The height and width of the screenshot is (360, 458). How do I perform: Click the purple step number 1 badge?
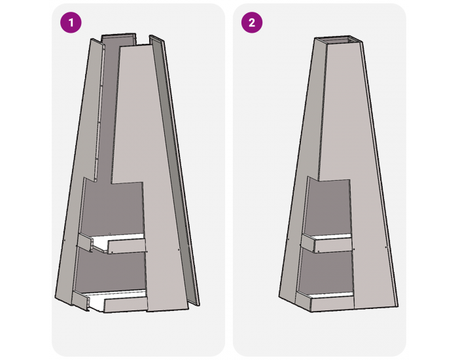tap(71, 22)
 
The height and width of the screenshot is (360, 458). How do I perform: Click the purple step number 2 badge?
tap(252, 22)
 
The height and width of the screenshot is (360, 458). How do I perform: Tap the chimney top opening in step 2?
tap(339, 41)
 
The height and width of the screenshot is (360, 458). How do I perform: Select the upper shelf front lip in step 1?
tap(126, 246)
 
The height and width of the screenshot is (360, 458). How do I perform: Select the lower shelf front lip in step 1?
tap(126, 305)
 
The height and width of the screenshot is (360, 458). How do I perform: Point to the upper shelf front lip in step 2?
tap(333, 245)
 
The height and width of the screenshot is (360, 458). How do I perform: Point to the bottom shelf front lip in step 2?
tap(332, 304)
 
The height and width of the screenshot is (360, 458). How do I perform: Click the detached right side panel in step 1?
tap(175, 170)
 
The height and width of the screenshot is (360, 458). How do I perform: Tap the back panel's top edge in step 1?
tap(118, 35)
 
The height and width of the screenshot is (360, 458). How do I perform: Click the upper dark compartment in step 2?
tap(328, 207)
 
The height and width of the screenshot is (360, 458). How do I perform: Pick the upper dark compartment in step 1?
tap(113, 208)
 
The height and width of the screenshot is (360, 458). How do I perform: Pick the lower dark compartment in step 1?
tap(111, 270)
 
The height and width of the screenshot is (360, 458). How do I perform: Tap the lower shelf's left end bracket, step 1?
tap(80, 300)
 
